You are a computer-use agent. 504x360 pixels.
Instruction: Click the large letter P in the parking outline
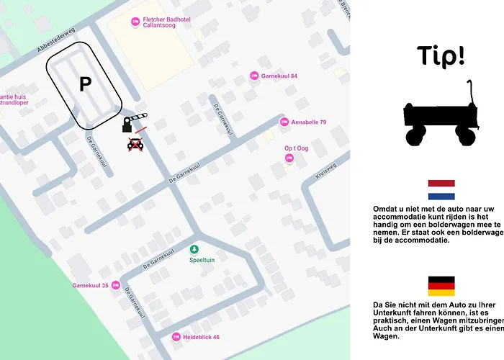85,85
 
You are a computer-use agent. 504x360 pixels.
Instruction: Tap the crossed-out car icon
135,144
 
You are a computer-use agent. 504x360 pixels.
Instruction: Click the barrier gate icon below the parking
136,120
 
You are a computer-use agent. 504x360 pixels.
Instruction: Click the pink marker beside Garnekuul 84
253,76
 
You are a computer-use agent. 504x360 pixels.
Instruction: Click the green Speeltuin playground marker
193,250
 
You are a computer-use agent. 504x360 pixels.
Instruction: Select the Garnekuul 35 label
91,286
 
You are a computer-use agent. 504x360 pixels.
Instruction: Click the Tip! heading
441,55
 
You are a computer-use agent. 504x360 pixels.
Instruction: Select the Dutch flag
441,190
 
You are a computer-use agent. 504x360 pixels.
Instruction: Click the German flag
441,286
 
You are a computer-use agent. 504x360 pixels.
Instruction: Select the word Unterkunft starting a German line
397,320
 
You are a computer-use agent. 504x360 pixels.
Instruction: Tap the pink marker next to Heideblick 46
176,337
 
